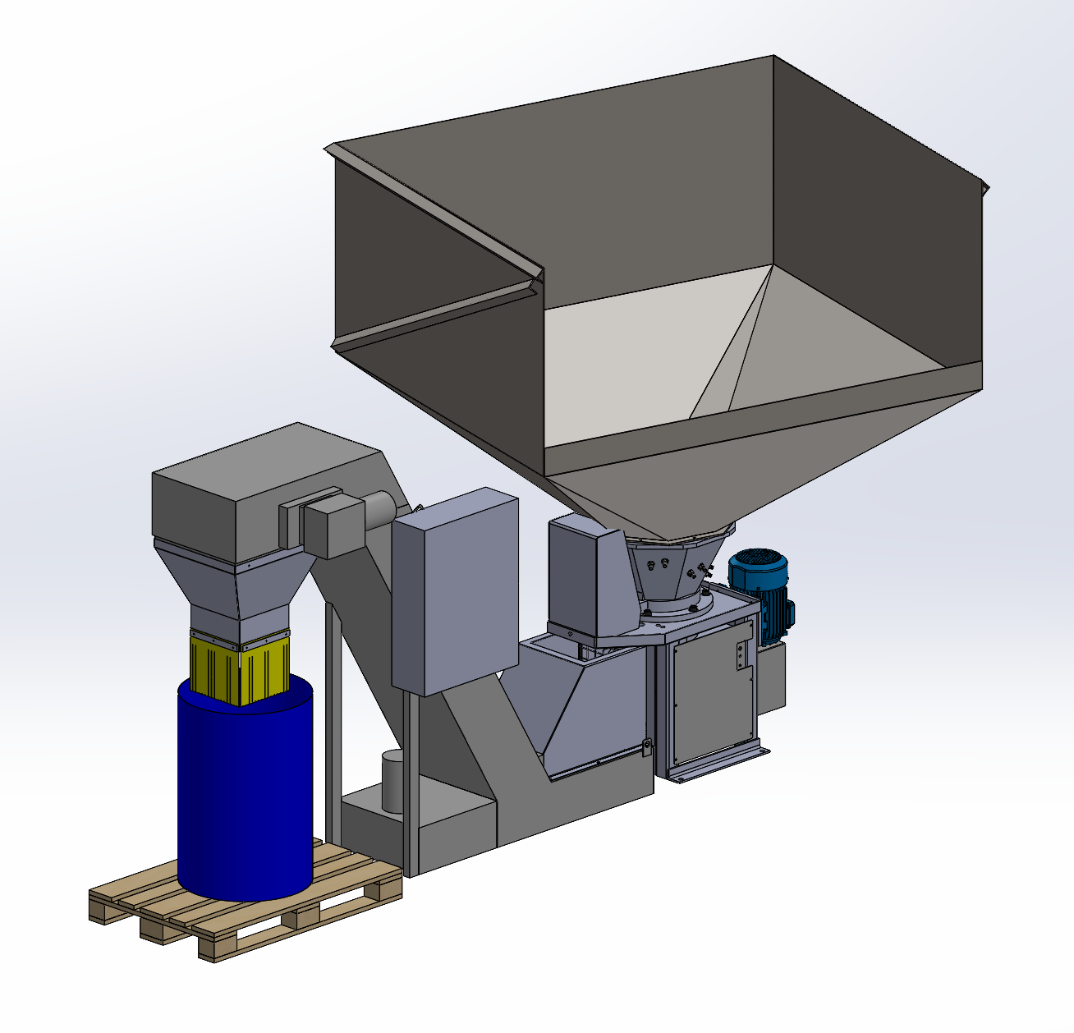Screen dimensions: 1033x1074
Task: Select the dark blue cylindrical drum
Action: pos(244,788)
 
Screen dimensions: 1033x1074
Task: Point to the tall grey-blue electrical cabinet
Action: pos(454,591)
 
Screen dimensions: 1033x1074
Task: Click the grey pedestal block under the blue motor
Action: pos(772,673)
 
